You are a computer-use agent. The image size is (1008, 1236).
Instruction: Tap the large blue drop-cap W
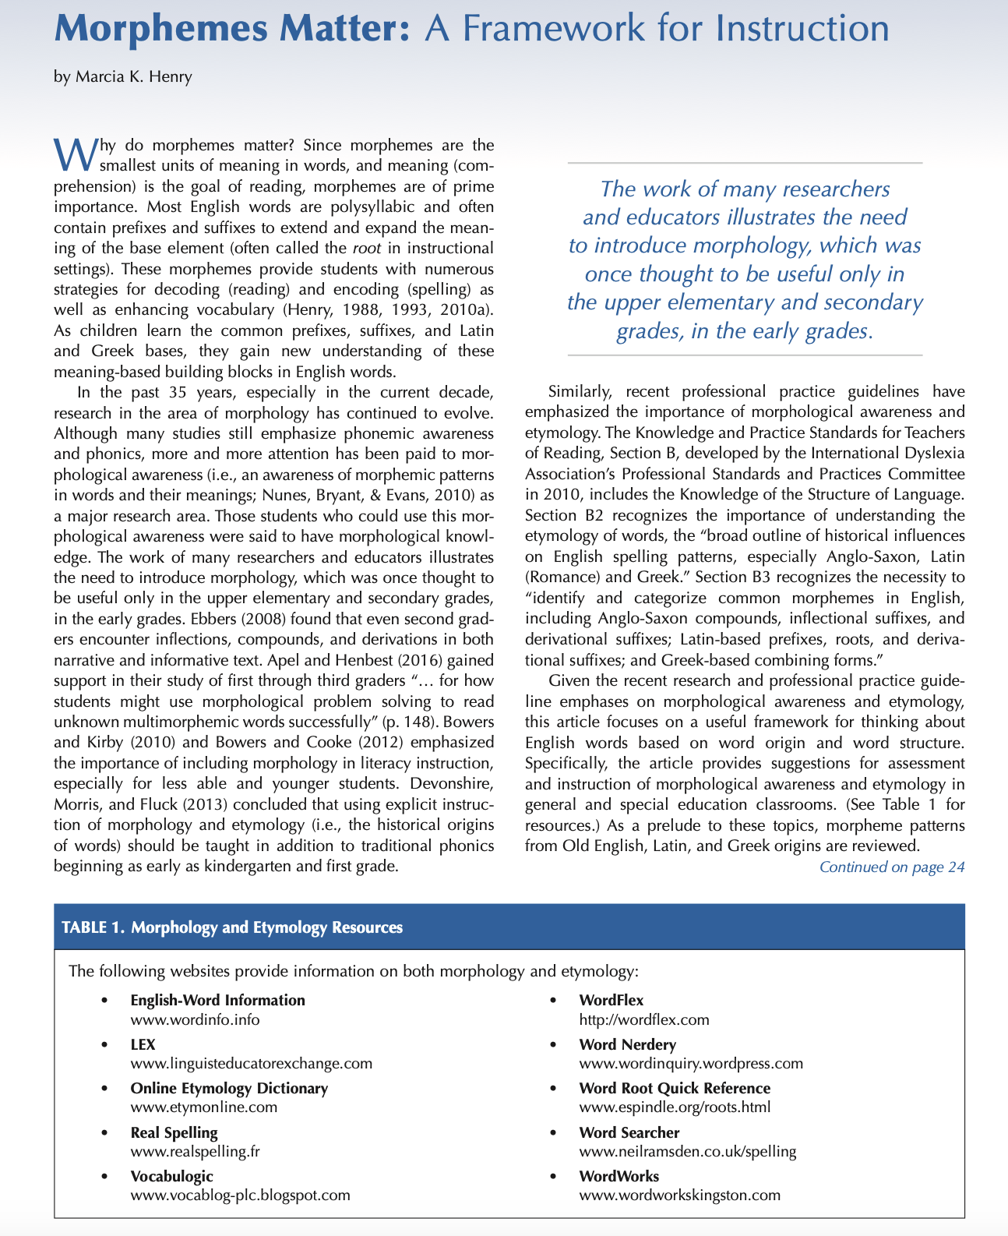76,153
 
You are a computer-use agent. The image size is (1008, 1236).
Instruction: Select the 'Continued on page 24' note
892,867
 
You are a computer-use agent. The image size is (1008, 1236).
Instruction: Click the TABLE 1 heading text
232,927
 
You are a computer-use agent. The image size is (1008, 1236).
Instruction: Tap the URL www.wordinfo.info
195,1019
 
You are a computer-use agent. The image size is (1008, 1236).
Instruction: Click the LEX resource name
143,1044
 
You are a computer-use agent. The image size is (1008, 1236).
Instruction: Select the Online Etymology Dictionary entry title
229,1088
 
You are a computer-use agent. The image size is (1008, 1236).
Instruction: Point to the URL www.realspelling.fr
195,1151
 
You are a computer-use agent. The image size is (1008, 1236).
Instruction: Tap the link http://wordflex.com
644,1019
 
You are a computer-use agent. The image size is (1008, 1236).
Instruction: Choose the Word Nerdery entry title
627,1044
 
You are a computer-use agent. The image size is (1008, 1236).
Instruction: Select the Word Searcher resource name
629,1132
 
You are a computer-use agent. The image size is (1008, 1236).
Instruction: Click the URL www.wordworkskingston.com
679,1195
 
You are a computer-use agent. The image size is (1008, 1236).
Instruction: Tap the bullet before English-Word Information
102,1001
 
